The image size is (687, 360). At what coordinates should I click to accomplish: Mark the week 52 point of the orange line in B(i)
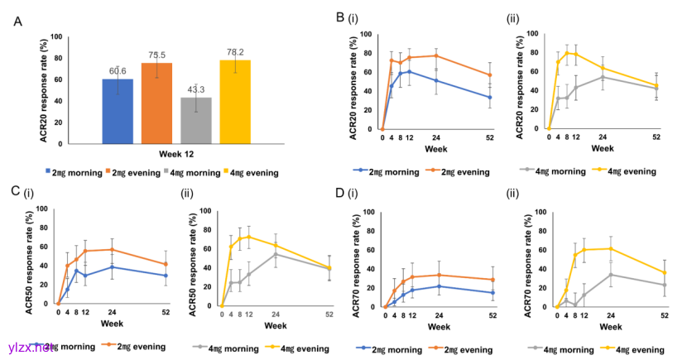click(x=490, y=75)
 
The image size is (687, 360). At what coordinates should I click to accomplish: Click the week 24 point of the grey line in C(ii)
click(x=276, y=254)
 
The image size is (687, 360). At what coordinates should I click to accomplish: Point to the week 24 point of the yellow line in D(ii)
click(x=611, y=249)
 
